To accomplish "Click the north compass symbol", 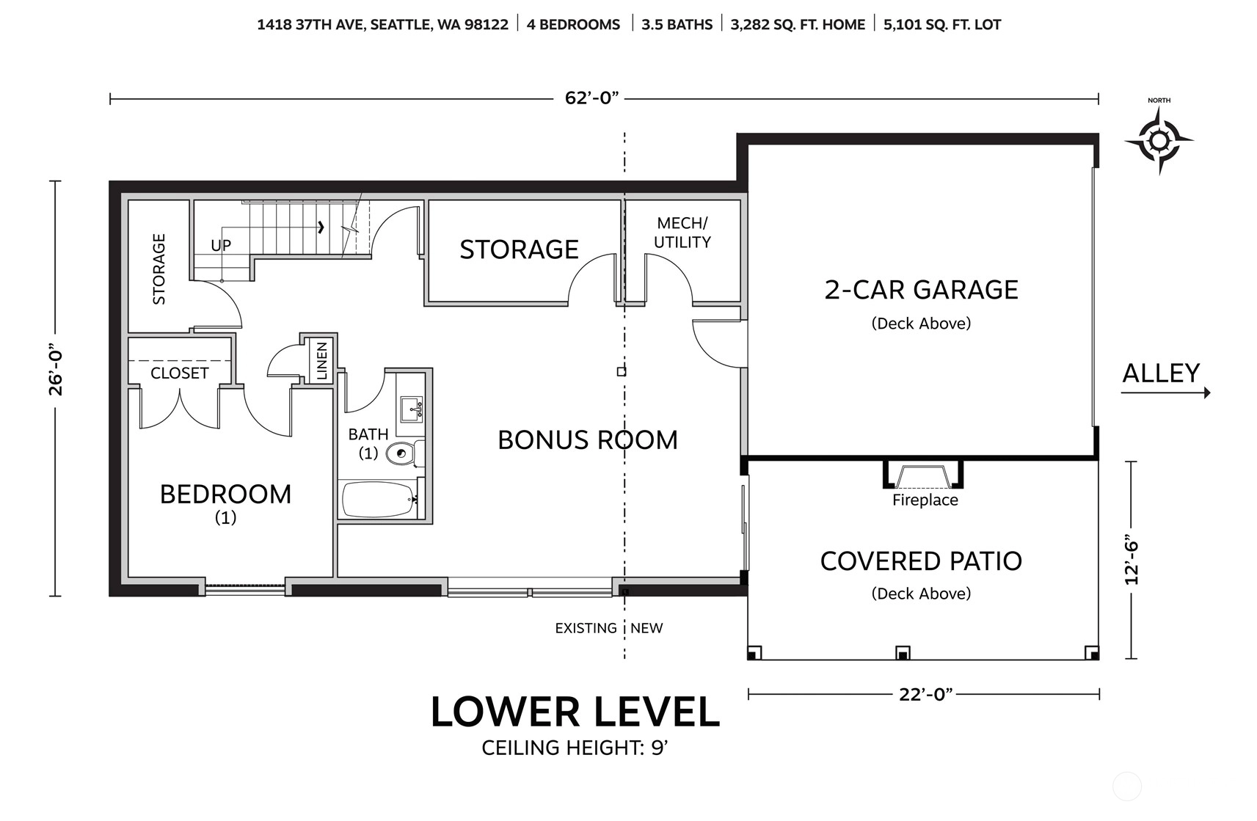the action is click(x=1159, y=140).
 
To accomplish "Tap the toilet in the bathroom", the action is click(x=405, y=453).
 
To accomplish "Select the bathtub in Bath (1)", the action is click(x=380, y=499).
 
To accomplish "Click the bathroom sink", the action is click(x=412, y=409).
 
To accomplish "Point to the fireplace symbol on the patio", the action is click(x=923, y=475).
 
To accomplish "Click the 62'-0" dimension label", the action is click(x=591, y=98).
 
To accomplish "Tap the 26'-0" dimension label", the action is click(x=56, y=369).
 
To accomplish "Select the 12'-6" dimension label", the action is click(x=1132, y=562).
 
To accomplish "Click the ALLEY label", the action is click(x=1160, y=373).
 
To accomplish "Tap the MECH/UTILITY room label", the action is click(x=682, y=233).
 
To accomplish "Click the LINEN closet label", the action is click(x=322, y=361).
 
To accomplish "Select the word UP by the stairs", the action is click(x=221, y=245).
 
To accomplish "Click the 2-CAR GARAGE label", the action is click(x=921, y=290).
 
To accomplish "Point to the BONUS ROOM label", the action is click(x=588, y=440).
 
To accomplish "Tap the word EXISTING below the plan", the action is click(x=586, y=628).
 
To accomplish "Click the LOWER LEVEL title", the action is click(x=575, y=712).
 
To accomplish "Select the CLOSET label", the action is click(x=180, y=373).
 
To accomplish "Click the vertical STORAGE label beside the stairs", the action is click(x=159, y=269).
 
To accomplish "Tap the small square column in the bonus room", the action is click(x=622, y=371).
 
